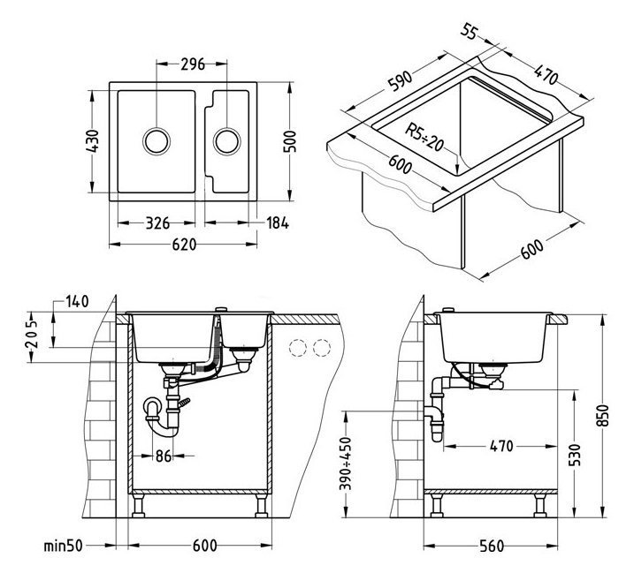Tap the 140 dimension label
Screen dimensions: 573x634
tap(78, 303)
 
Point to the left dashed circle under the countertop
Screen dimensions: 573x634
tap(302, 347)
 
